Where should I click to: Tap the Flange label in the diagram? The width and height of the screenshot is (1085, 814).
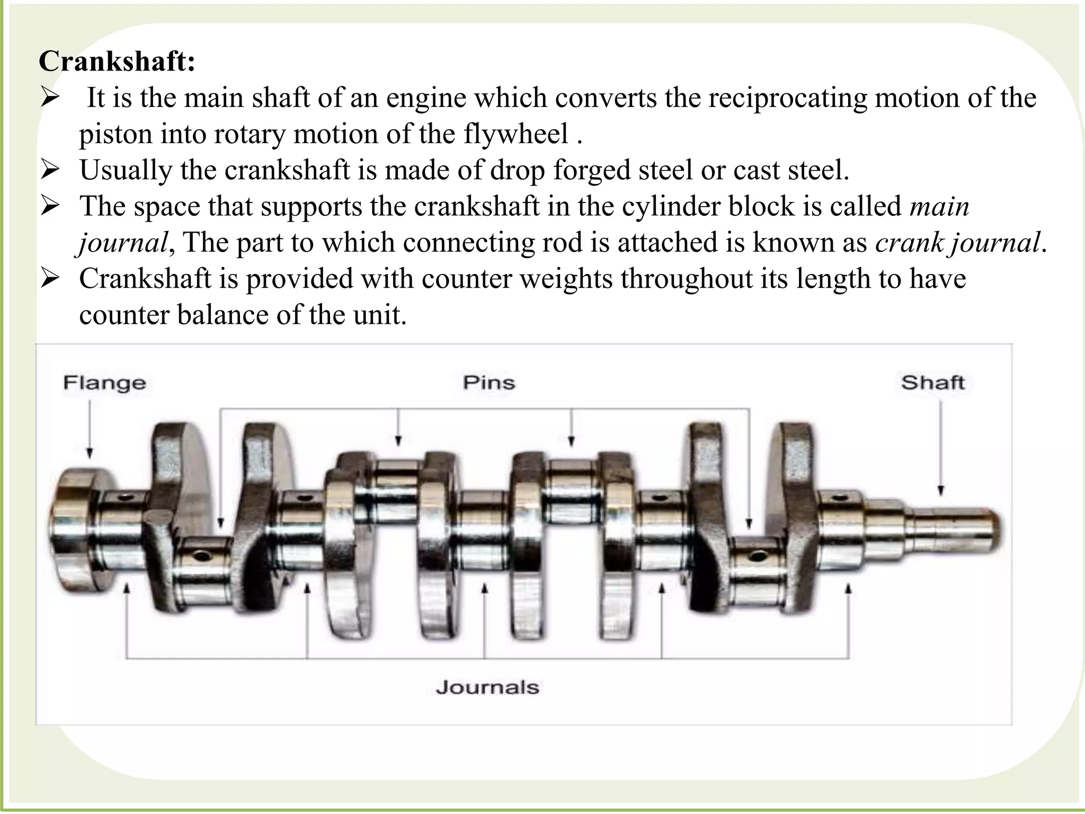(104, 383)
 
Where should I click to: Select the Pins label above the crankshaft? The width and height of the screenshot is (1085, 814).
(489, 382)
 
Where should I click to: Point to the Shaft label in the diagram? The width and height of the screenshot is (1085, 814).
(932, 382)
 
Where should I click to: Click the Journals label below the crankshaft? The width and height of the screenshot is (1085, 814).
(487, 687)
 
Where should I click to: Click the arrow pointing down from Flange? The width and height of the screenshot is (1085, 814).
(90, 429)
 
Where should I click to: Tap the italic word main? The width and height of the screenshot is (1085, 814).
(940, 206)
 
